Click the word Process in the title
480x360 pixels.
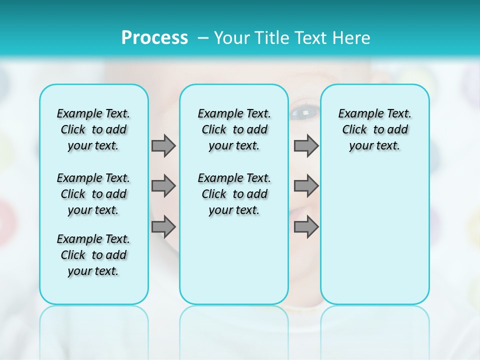coord(154,38)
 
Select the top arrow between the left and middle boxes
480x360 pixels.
coord(163,145)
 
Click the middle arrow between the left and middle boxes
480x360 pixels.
coord(163,186)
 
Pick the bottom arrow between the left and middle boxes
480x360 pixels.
coord(163,226)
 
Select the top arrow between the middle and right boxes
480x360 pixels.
coord(306,145)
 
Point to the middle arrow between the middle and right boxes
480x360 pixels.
coord(306,186)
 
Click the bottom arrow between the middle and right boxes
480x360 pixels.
coord(306,226)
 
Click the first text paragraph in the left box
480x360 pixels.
coord(93,129)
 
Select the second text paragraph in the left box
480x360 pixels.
coord(93,194)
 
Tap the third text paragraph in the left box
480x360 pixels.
coord(93,255)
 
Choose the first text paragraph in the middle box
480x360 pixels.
coord(234,129)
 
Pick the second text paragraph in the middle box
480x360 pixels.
coord(234,194)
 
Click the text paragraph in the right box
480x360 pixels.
coord(374,129)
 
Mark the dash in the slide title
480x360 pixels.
coord(202,38)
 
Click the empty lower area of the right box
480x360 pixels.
coord(374,235)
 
